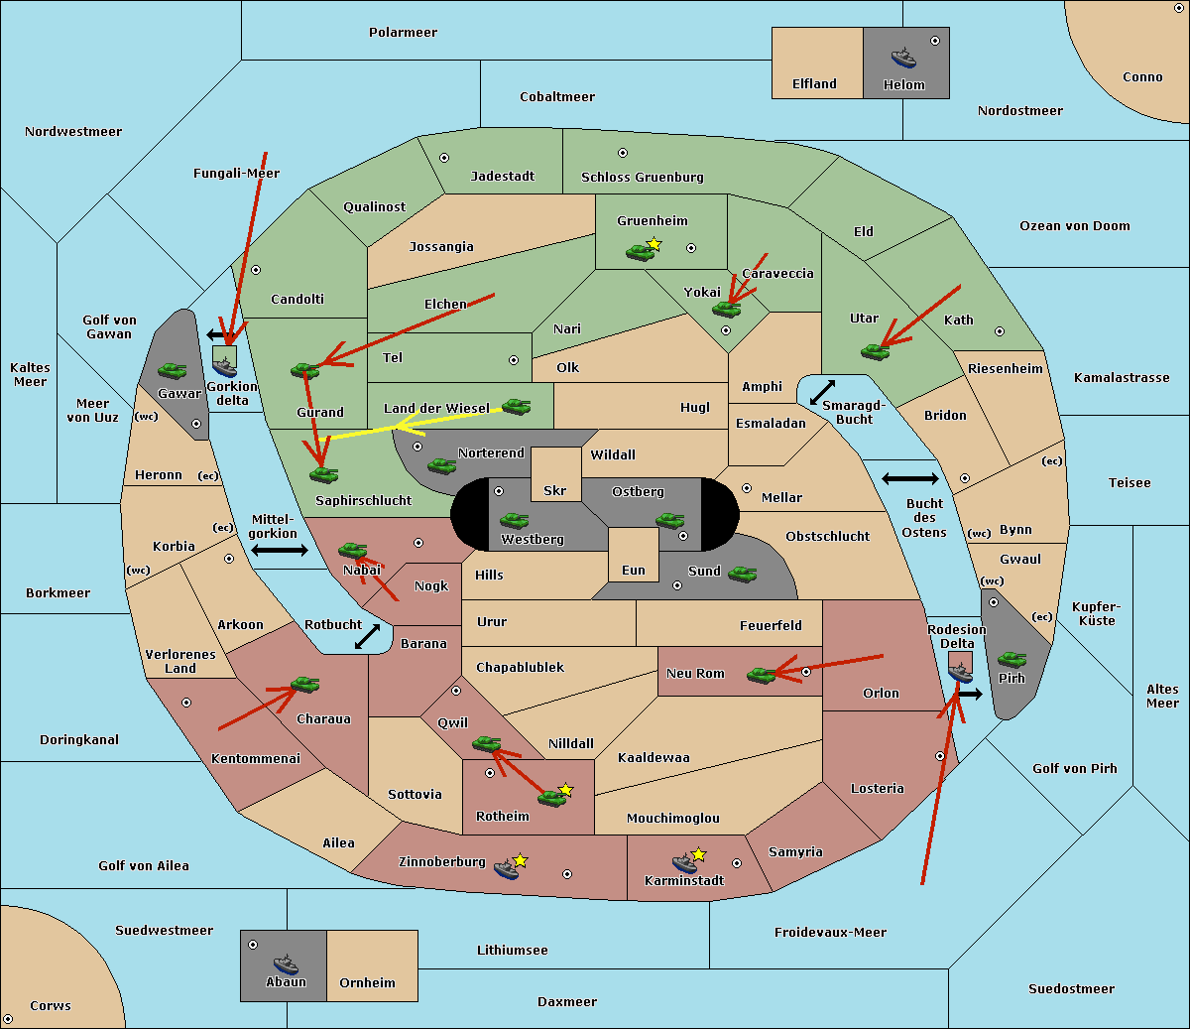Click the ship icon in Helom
903,59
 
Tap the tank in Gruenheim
641,252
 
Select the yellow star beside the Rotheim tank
565,789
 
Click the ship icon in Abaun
286,964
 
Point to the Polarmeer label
403,33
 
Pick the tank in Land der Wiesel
516,407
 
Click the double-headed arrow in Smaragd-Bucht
822,392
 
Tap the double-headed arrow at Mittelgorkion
280,550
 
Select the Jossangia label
441,247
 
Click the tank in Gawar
172,371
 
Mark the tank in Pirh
1011,659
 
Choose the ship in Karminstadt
684,863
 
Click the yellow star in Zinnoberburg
520,860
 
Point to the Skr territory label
554,490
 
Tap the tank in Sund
742,575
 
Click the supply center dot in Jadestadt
444,158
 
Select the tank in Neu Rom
761,675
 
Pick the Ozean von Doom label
1074,226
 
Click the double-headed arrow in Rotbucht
367,636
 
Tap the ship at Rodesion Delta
960,671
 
